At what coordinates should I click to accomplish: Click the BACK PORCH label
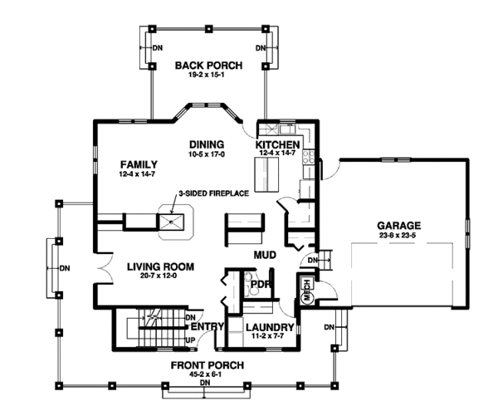[x=208, y=66]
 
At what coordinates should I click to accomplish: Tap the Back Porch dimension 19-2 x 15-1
[x=208, y=76]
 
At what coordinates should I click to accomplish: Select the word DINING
[x=207, y=144]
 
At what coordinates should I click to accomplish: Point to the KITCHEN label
[x=277, y=144]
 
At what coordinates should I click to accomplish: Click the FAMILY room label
[x=139, y=164]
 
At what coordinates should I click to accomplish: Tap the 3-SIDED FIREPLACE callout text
[x=214, y=193]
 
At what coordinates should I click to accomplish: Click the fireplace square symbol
[x=171, y=222]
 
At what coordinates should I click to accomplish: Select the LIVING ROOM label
[x=160, y=266]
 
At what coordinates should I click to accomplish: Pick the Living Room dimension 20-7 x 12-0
[x=159, y=276]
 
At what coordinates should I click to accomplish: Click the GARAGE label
[x=399, y=226]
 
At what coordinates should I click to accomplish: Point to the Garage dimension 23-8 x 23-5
[x=398, y=236]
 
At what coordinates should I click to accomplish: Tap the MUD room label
[x=265, y=255]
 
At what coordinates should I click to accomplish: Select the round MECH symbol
[x=307, y=297]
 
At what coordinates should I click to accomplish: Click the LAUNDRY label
[x=270, y=327]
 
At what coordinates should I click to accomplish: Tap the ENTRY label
[x=207, y=326]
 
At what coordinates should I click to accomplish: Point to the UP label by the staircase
[x=190, y=340]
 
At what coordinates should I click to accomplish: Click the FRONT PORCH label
[x=207, y=365]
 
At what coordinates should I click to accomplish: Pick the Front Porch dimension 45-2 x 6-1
[x=206, y=375]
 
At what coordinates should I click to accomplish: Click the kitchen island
[x=266, y=174]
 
